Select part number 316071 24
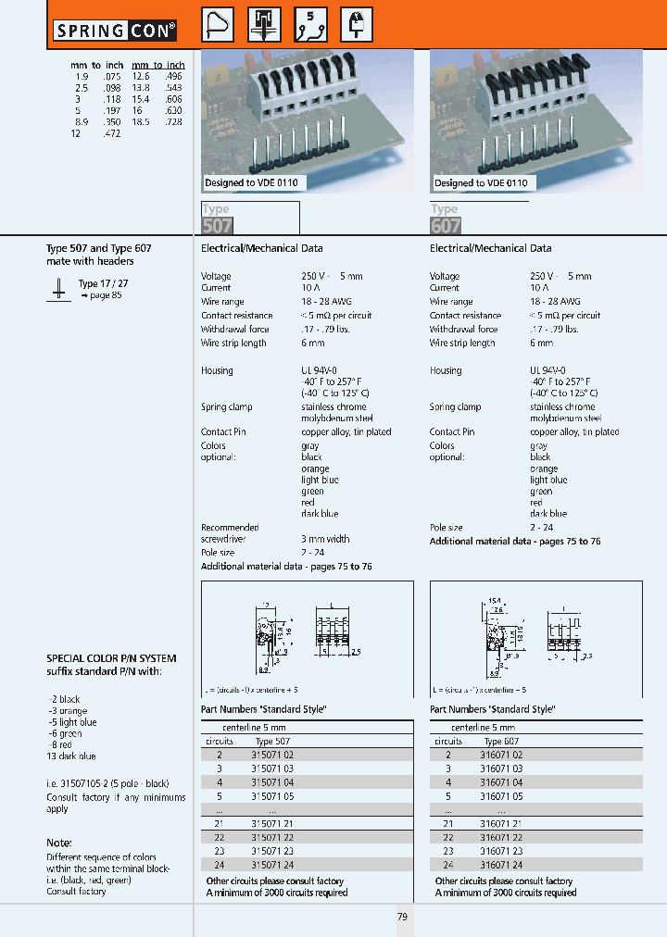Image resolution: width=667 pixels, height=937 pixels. click(x=503, y=865)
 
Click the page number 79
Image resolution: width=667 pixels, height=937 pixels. click(x=402, y=917)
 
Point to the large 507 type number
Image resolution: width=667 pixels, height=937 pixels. click(x=217, y=225)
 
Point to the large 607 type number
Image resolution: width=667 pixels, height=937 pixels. click(x=446, y=225)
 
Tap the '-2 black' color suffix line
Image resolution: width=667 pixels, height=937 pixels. click(x=64, y=699)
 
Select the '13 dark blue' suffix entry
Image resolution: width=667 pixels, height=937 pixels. click(x=71, y=756)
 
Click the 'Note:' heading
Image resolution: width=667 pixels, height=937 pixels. click(x=59, y=843)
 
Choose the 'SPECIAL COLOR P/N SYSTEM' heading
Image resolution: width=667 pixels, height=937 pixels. click(x=111, y=659)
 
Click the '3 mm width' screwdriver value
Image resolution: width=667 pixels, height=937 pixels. click(x=325, y=539)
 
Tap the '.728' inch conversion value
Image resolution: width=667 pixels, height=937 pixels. click(x=173, y=122)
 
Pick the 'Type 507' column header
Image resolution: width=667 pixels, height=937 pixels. click(x=272, y=742)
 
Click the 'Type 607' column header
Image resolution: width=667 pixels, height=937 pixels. click(x=502, y=742)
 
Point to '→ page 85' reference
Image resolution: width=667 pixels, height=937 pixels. click(x=101, y=295)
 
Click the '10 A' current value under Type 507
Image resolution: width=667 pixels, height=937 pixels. click(x=309, y=289)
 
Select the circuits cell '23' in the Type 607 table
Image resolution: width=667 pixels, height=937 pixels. click(x=448, y=851)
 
